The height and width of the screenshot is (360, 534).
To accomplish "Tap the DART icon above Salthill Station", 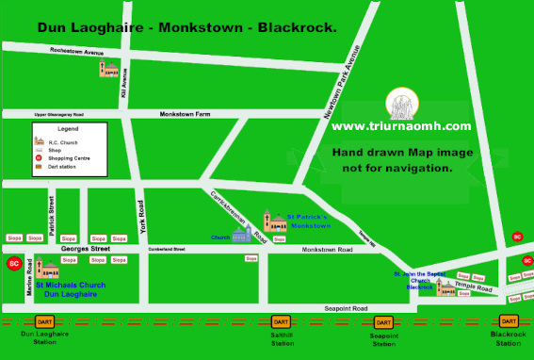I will point(280,321).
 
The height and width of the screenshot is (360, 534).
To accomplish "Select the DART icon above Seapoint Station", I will point(383,321).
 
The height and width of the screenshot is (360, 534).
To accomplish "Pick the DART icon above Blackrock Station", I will point(509,321).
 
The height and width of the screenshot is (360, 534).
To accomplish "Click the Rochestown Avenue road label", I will point(77,53).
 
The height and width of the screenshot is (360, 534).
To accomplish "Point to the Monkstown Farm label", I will point(186,114).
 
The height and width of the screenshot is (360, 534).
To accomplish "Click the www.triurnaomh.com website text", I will point(400,126).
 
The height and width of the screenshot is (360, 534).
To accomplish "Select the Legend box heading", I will point(68,128).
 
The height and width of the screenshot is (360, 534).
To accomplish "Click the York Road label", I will point(141,217).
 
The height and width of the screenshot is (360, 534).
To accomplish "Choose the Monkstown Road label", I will point(327,250).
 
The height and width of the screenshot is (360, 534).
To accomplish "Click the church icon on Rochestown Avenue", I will point(111,70).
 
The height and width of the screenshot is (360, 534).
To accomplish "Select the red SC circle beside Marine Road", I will point(13,265).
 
